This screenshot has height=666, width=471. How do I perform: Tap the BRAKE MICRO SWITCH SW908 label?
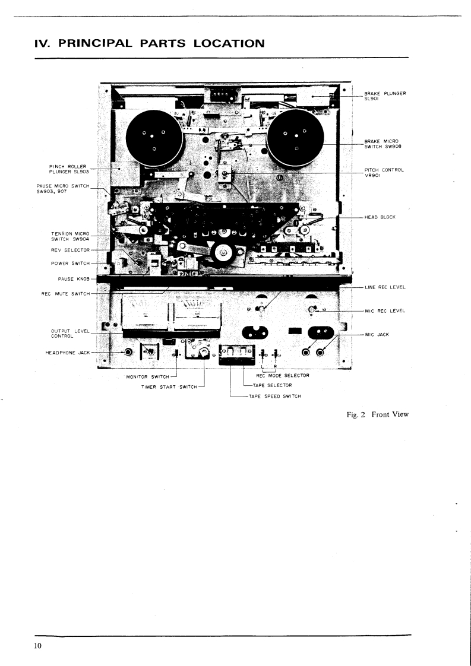click(x=384, y=143)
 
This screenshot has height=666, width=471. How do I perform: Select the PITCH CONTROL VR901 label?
click(x=384, y=173)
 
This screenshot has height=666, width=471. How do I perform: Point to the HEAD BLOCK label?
click(x=380, y=217)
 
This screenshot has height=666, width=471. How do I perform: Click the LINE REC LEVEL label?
click(x=384, y=287)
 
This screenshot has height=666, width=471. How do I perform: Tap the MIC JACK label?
click(x=377, y=335)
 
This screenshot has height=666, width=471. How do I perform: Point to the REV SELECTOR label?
click(x=70, y=250)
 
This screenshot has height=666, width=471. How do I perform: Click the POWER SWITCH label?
click(x=70, y=263)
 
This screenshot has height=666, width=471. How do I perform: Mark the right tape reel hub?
click(x=295, y=139)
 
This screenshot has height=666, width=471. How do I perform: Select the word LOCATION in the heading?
click(x=222, y=43)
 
